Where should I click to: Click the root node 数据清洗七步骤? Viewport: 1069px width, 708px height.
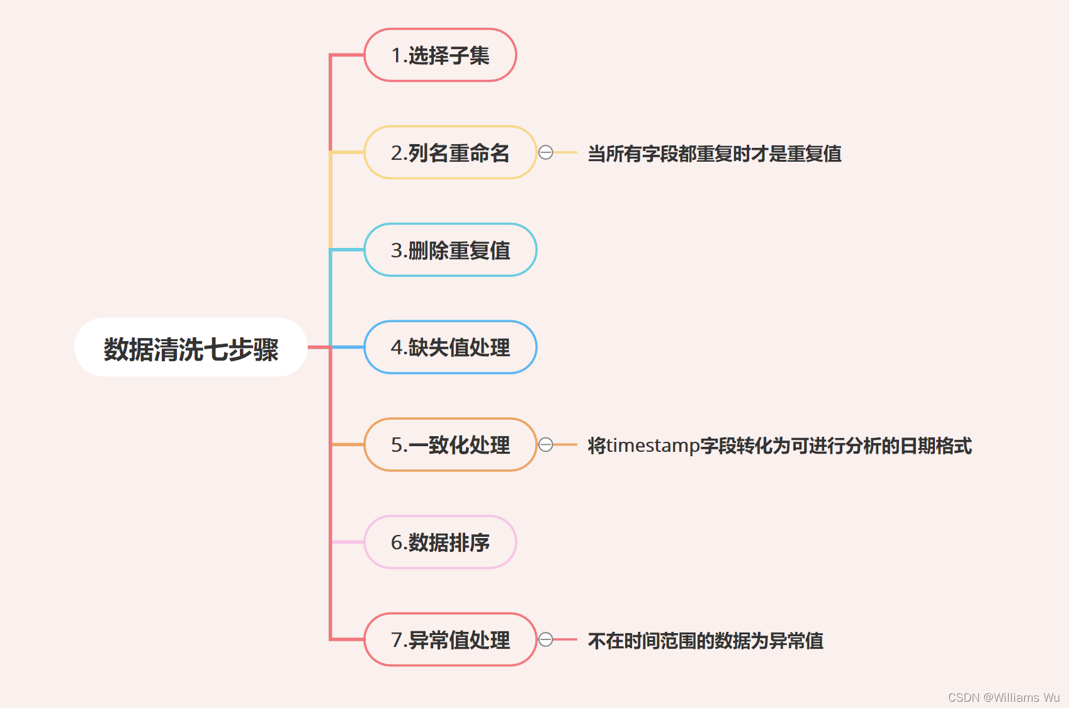191,348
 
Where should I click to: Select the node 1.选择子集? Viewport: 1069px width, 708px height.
440,55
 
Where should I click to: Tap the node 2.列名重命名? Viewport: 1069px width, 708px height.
450,153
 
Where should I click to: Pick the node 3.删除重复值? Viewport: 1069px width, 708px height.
450,250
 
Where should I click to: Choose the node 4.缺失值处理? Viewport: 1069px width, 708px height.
450,347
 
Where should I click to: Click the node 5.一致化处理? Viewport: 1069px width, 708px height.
450,445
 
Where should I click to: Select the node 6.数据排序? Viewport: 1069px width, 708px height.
440,542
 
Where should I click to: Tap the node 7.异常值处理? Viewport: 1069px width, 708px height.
450,640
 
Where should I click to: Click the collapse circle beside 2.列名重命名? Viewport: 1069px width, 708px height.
546,152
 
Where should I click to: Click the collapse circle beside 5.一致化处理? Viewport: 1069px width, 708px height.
546,445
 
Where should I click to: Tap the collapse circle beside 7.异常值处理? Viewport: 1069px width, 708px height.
546,639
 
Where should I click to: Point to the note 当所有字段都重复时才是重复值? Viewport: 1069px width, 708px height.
715,154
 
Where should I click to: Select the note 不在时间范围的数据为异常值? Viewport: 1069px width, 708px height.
706,641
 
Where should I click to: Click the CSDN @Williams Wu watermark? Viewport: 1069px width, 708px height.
1004,697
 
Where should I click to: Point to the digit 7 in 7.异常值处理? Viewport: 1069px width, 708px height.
397,640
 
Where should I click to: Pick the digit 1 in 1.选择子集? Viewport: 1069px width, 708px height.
397,55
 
